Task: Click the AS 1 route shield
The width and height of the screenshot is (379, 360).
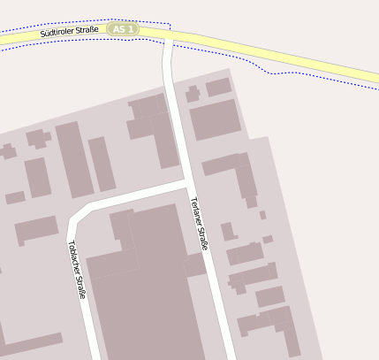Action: (x=124, y=29)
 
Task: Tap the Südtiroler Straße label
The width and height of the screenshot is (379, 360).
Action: (x=69, y=33)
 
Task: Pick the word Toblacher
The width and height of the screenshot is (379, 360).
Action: (x=72, y=257)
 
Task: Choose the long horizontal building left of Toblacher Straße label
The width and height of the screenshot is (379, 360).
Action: (x=36, y=231)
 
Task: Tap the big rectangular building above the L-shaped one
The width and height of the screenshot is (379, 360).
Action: (x=215, y=119)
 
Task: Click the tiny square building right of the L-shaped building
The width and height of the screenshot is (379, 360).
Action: (x=262, y=215)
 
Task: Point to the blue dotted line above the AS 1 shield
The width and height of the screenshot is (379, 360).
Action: (x=124, y=19)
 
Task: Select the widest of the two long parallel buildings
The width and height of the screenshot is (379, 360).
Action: (x=74, y=159)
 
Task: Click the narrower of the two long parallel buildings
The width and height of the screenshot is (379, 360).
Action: (x=102, y=164)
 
